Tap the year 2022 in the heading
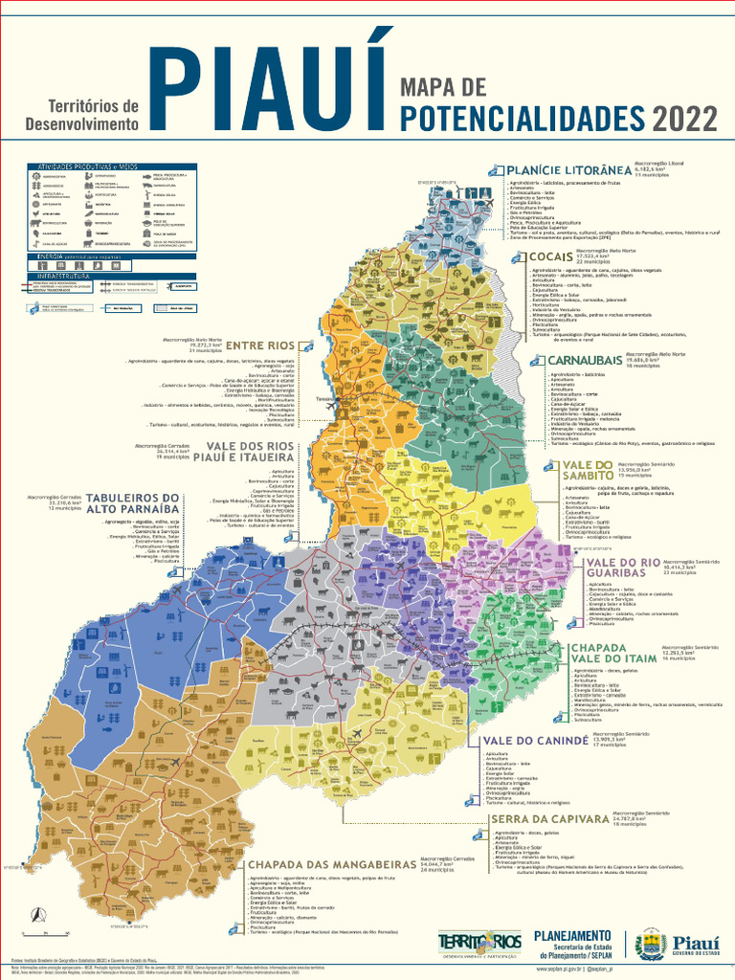[x=684, y=120]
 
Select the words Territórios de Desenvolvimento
[x=82, y=115]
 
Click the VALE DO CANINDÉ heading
[x=535, y=741]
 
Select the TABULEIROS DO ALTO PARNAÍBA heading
[x=133, y=503]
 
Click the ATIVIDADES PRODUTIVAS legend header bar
[x=94, y=167]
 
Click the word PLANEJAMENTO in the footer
[x=571, y=935]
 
